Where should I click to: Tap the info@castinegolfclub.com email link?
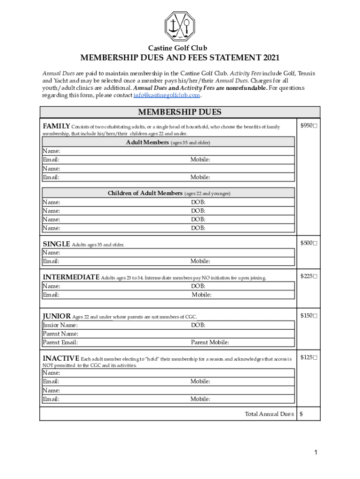coord(166,95)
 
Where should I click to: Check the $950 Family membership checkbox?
coord(316,126)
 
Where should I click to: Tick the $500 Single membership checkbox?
coord(316,243)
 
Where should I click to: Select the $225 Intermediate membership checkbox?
coord(316,276)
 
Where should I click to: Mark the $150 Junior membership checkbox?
coord(316,316)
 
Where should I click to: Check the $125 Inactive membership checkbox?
coord(316,358)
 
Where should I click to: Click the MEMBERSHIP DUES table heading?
coord(180,112)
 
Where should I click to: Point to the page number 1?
coord(317,452)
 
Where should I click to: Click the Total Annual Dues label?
coord(269,414)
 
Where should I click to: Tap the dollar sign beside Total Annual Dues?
coord(302,414)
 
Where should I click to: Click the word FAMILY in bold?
coord(57,126)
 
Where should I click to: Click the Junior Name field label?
coord(60,325)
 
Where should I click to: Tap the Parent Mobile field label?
coord(210,342)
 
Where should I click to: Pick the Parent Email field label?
coord(60,342)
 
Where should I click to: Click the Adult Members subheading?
coord(147,142)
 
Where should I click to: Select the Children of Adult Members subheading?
coord(145,193)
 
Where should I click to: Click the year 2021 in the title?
coord(271,58)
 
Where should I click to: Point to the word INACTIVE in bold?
coord(61,358)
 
